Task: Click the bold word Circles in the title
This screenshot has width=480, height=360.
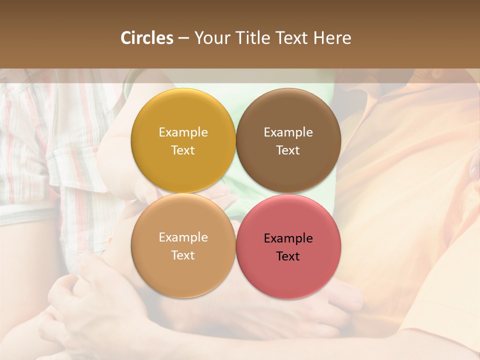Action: (x=146, y=38)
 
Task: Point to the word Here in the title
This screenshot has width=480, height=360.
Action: (x=332, y=38)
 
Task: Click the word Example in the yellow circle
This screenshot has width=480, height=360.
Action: (x=183, y=132)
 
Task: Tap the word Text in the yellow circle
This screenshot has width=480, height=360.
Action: (x=183, y=150)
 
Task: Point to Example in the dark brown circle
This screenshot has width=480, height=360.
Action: (x=288, y=132)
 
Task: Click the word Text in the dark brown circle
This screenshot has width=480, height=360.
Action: (x=288, y=150)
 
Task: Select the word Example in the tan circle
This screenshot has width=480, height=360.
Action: (x=183, y=237)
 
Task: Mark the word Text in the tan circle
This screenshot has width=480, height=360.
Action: (x=183, y=255)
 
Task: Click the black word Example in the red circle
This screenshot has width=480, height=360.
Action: (x=288, y=238)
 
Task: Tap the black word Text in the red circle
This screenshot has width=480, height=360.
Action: (x=288, y=256)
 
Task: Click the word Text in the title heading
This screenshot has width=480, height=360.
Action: (x=292, y=38)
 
